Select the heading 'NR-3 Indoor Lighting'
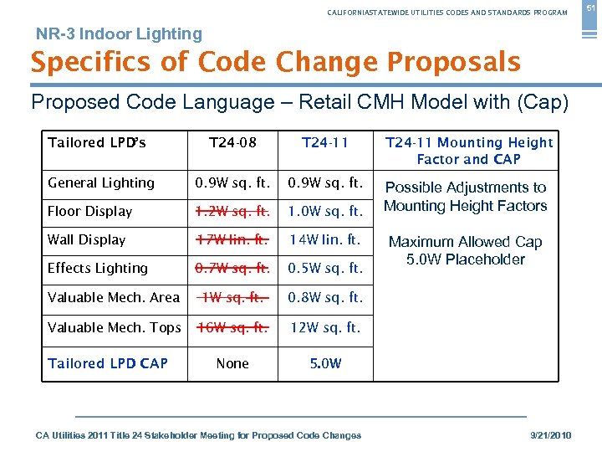[119, 34]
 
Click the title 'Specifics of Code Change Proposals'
[275, 62]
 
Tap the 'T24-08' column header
[232, 142]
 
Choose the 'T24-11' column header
[325, 142]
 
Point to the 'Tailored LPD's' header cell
[97, 142]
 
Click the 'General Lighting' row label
[101, 182]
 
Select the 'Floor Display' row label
[90, 211]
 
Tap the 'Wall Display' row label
[87, 239]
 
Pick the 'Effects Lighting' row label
[98, 268]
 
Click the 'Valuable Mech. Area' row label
[114, 297]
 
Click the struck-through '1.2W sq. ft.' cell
[232, 211]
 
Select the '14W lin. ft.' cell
[325, 239]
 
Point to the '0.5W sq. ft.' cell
[325, 268]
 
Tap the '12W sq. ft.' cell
[325, 327]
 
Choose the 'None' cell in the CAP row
[232, 363]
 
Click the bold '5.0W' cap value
[325, 363]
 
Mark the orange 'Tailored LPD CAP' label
[108, 363]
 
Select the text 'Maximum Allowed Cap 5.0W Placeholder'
[466, 250]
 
